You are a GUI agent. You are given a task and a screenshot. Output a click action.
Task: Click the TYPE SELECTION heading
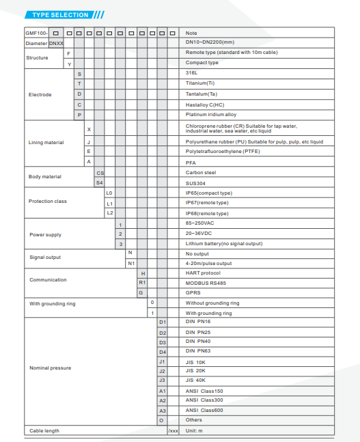pos(61,14)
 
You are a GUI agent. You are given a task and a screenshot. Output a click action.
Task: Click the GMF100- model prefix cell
pos(36,33)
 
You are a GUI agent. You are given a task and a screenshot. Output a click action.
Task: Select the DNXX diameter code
pos(56,42)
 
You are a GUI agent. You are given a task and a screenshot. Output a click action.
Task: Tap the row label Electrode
pos(40,94)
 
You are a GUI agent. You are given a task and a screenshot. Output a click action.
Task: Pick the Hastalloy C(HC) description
pos(205,104)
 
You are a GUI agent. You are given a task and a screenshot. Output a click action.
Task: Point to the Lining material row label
pos(46,143)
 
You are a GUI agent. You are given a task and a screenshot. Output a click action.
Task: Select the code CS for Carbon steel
pos(100,173)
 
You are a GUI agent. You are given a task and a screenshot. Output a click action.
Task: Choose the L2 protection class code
pos(109,213)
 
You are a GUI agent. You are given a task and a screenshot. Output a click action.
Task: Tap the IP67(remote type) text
pos(207,203)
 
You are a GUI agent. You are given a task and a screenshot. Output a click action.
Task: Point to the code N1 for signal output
pos(131,263)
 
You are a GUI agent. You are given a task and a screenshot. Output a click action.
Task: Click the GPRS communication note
pos(193,292)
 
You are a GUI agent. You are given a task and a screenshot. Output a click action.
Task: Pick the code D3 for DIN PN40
pos(163,342)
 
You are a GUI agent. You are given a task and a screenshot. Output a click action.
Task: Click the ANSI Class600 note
pos(204,410)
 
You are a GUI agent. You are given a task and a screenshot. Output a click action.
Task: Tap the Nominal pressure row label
pos(50,368)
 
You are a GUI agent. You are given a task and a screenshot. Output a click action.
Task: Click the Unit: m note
pos(195,430)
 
